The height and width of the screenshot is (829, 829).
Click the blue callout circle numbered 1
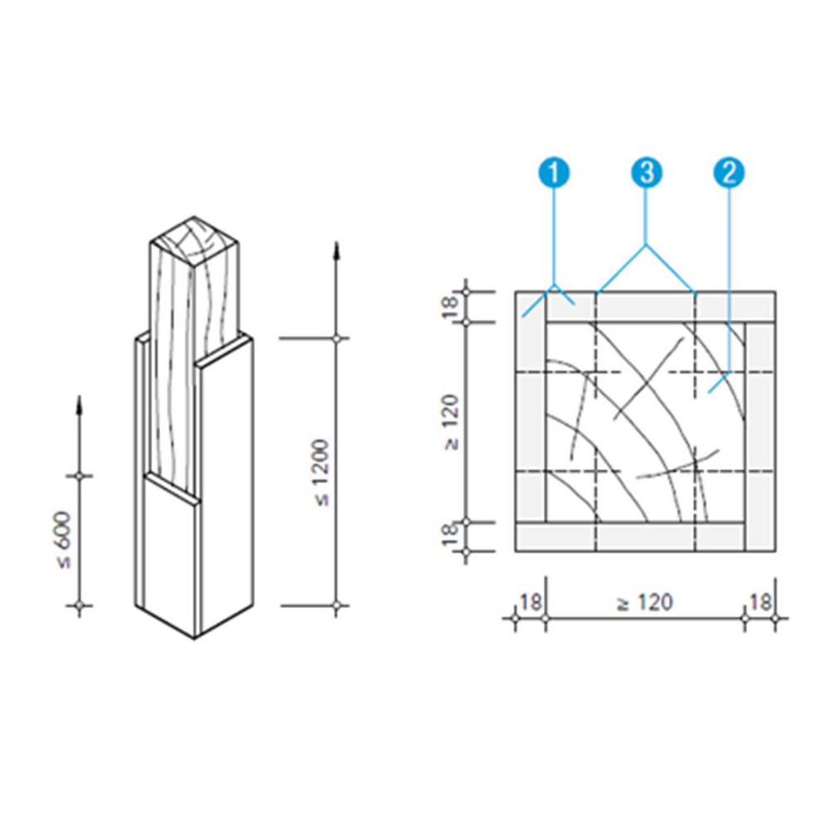point(553,172)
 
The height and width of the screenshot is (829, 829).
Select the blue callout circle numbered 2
point(729,172)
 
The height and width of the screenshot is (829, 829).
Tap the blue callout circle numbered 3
point(647,172)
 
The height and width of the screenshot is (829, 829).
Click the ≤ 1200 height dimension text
point(322,473)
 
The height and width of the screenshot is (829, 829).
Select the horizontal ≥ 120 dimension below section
point(644,602)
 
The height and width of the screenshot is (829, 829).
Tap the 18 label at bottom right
point(759,602)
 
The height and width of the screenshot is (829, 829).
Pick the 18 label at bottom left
point(530,602)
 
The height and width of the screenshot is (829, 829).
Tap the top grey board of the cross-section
point(645,306)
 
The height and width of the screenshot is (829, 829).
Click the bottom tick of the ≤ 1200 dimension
point(336,606)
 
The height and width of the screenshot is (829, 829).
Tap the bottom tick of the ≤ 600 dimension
point(80,606)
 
